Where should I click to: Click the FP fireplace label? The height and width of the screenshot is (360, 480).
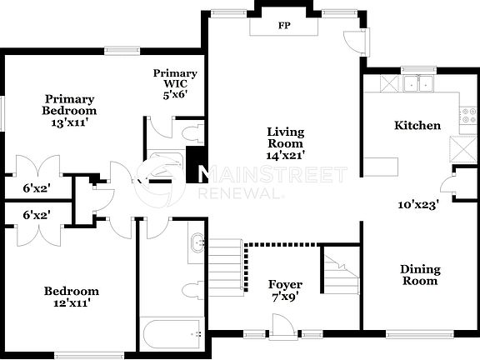pos(282,25)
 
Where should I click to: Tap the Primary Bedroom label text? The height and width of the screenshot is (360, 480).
pos(70,110)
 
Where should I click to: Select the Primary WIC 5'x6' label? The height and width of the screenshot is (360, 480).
pos(175,83)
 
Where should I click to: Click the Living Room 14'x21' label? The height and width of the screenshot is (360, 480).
pos(285,143)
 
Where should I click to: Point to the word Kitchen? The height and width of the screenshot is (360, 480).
pos(417,126)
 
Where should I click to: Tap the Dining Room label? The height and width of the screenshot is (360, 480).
pos(420,275)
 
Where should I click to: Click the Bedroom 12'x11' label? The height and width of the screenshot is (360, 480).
pos(71,297)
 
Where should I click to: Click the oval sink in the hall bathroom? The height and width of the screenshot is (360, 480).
pos(197,245)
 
